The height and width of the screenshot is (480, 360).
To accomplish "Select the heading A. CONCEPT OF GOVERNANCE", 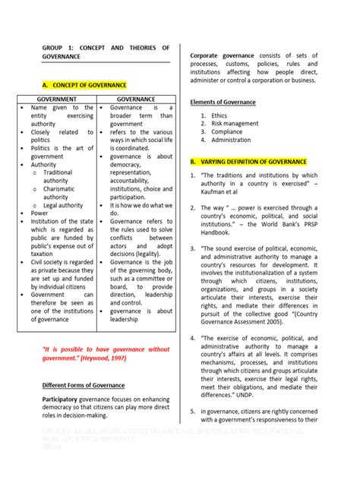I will coord(84,85).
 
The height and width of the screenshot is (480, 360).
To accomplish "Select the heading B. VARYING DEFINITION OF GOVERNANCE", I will coord(248,162).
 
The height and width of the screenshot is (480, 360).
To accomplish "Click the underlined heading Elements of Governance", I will coord(223,102).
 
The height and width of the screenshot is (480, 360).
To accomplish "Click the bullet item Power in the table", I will coord(39,213).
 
